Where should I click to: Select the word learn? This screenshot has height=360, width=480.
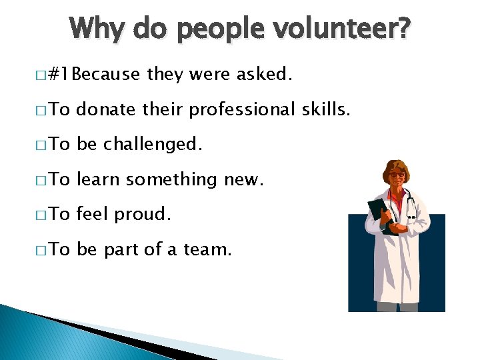tap(99, 179)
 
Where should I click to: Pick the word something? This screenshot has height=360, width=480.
tap(172, 180)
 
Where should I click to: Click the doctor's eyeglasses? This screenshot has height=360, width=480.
tap(395, 175)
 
